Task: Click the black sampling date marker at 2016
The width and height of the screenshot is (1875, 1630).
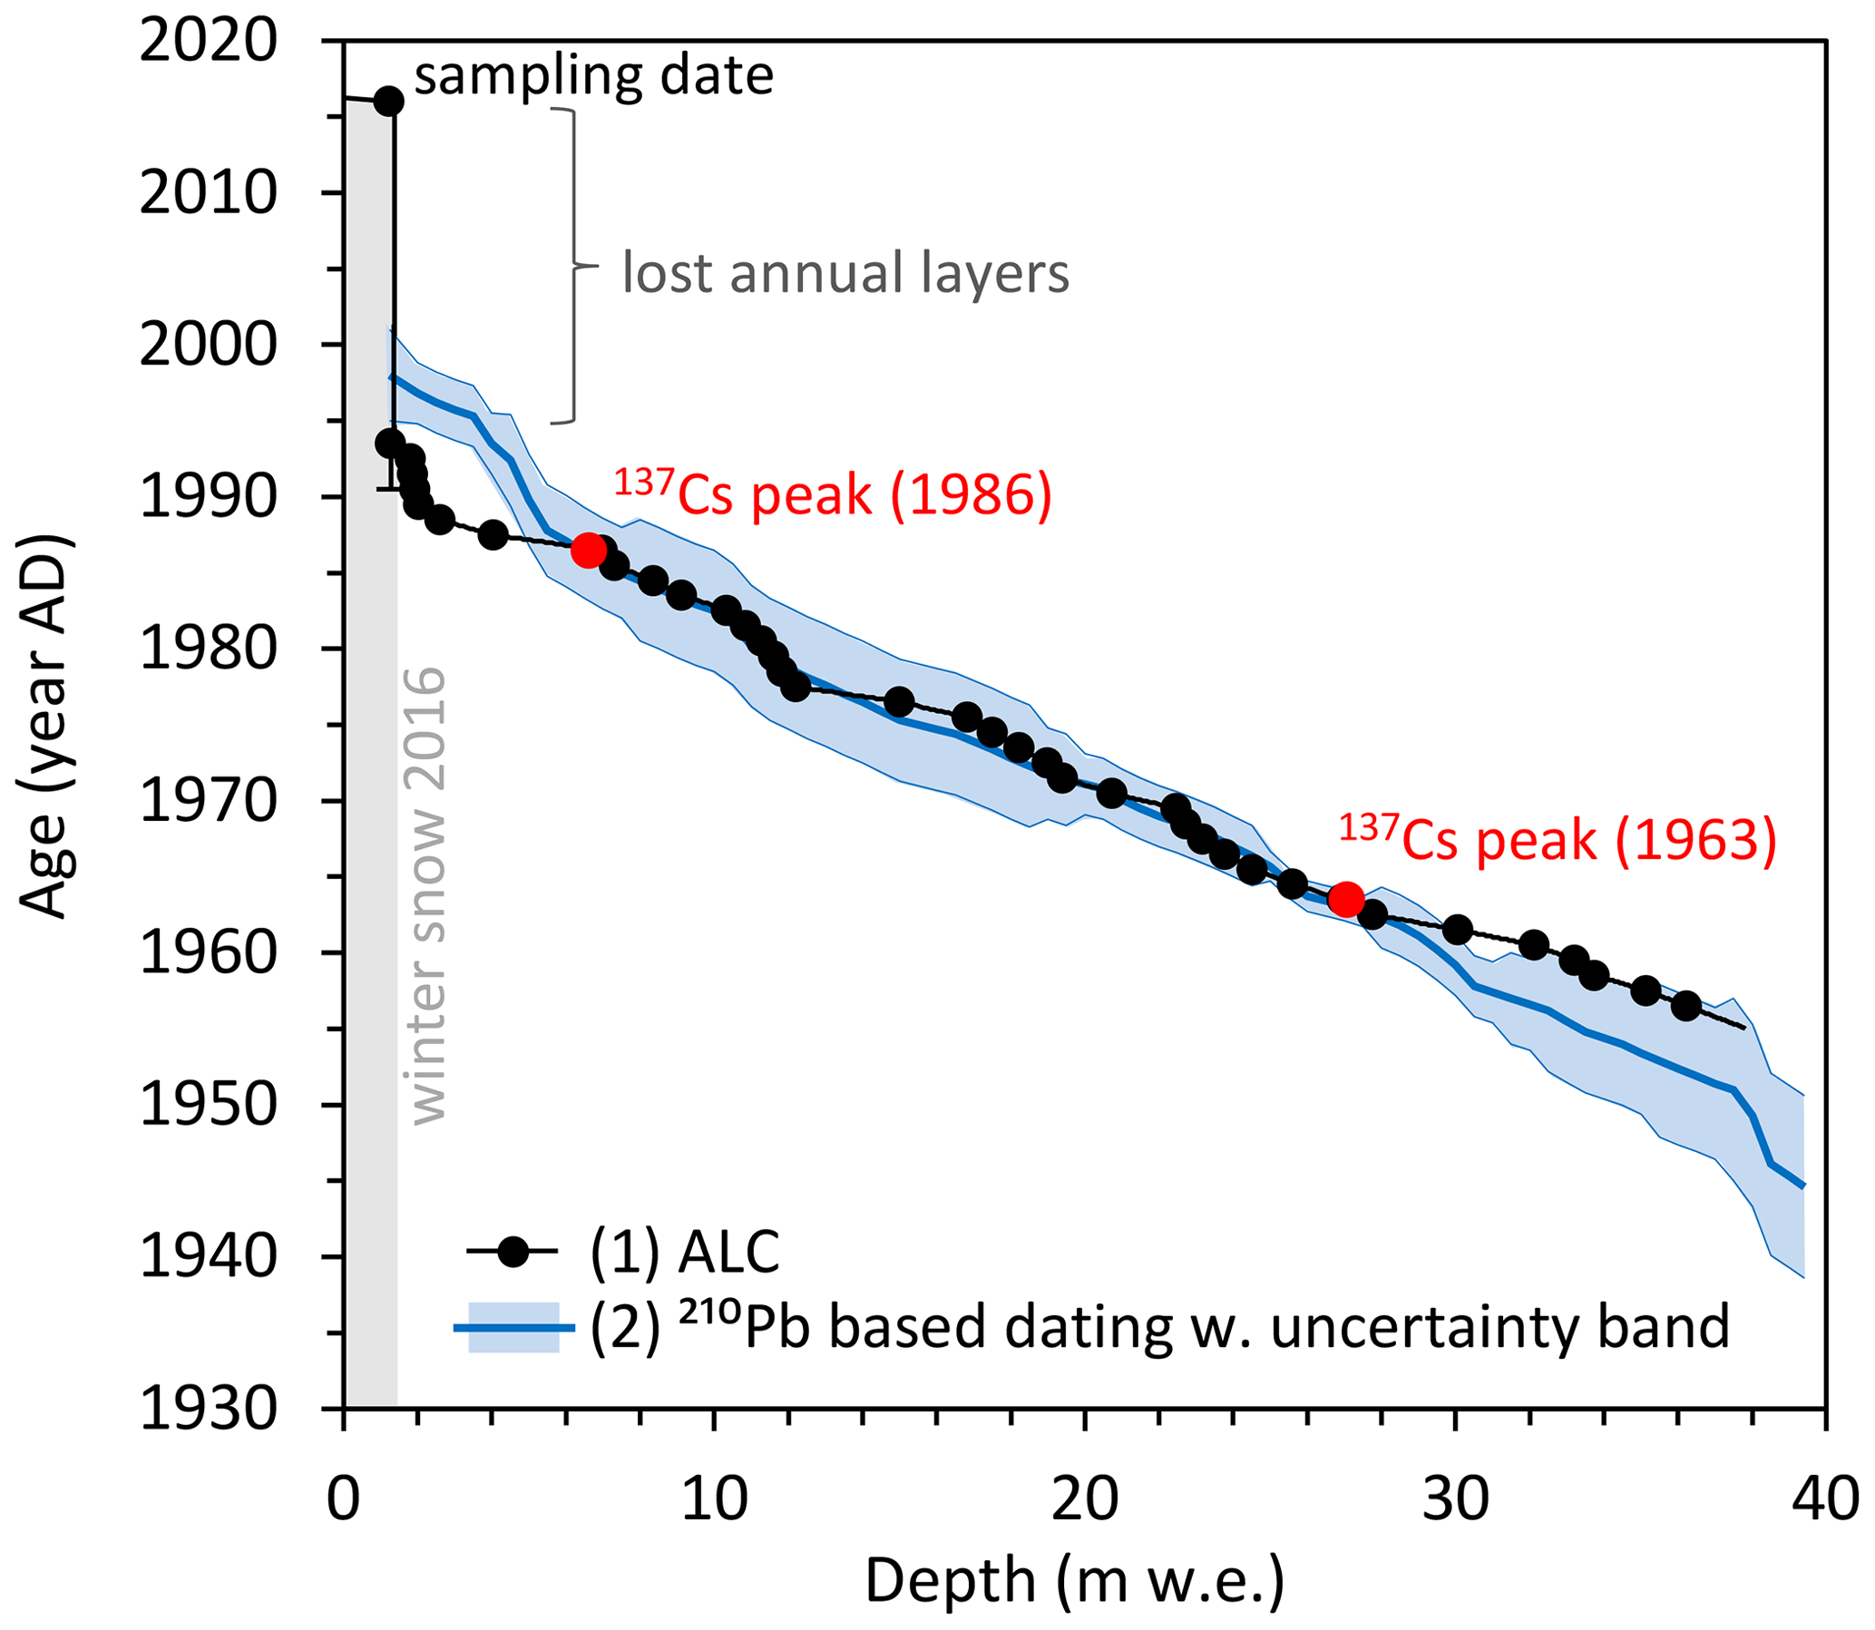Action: [x=388, y=101]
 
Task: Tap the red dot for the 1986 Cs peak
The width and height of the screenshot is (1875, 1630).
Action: [x=589, y=551]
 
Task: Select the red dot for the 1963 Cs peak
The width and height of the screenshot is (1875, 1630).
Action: [x=1345, y=900]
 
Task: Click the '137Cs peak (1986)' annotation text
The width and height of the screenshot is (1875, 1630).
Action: [x=833, y=495]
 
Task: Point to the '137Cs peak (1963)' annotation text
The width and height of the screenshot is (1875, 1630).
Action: [x=1557, y=840]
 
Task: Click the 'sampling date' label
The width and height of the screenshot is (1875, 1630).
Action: [x=594, y=74]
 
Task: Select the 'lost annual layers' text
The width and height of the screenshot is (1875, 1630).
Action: [x=845, y=273]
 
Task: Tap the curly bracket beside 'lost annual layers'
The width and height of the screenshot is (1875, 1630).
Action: [x=573, y=267]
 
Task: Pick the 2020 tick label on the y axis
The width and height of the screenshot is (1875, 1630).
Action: [x=208, y=42]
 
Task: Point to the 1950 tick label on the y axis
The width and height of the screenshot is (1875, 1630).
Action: [x=208, y=1106]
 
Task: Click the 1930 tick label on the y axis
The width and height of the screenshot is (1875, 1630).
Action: [x=208, y=1410]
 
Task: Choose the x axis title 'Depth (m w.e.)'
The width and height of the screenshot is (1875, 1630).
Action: [x=1073, y=1581]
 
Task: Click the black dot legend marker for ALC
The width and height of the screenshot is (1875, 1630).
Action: [x=513, y=1253]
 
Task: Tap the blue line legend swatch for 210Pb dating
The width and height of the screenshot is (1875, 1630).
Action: [x=513, y=1328]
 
